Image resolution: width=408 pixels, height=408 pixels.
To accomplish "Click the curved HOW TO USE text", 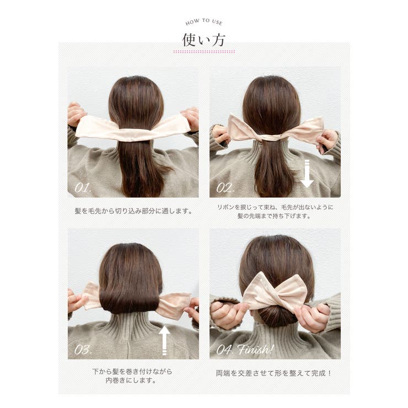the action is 204,22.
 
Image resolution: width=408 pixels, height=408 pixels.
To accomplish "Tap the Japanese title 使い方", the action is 204,40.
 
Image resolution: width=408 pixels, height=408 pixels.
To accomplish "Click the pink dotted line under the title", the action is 204,52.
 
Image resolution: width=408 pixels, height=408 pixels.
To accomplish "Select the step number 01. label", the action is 83,187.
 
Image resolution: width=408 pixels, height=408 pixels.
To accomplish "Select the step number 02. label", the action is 225,187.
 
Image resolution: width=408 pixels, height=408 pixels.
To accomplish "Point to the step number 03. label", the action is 83,350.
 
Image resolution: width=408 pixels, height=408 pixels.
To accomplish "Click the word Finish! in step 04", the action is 255,349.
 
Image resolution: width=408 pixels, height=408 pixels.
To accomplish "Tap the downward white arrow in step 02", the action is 307,174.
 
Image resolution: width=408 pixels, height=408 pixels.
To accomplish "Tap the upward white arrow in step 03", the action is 164,341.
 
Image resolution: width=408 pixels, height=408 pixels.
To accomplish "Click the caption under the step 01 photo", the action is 133,211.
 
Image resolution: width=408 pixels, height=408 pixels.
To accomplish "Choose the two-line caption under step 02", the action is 275,212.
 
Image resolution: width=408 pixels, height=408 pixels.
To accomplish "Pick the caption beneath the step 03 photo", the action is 132,375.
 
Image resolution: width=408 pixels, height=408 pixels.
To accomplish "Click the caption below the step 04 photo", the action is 273,373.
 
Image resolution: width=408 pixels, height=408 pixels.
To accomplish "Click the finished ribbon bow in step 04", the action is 276,292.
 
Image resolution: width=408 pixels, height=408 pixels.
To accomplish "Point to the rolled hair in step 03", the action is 130,300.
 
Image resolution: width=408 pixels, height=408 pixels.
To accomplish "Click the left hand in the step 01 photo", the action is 76,115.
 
